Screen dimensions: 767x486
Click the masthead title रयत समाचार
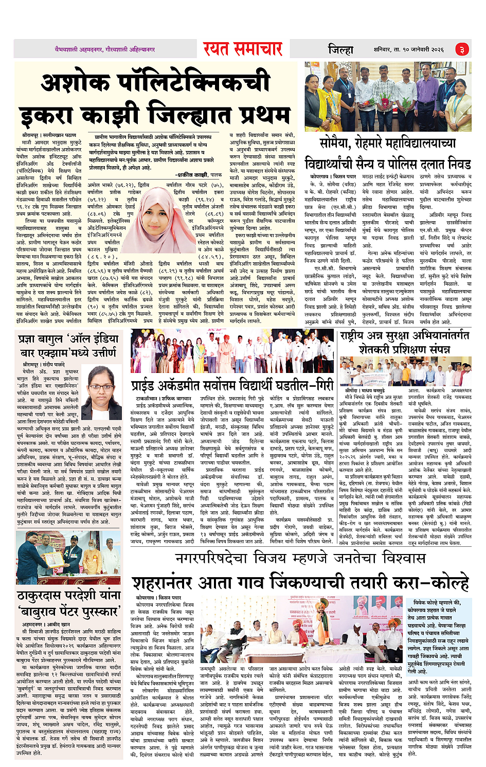[242, 49]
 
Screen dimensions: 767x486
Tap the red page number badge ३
[462, 49]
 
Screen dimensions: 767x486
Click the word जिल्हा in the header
[341, 49]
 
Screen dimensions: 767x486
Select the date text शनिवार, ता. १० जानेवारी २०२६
[409, 49]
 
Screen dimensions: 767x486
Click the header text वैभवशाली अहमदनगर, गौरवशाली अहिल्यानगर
[105, 49]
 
